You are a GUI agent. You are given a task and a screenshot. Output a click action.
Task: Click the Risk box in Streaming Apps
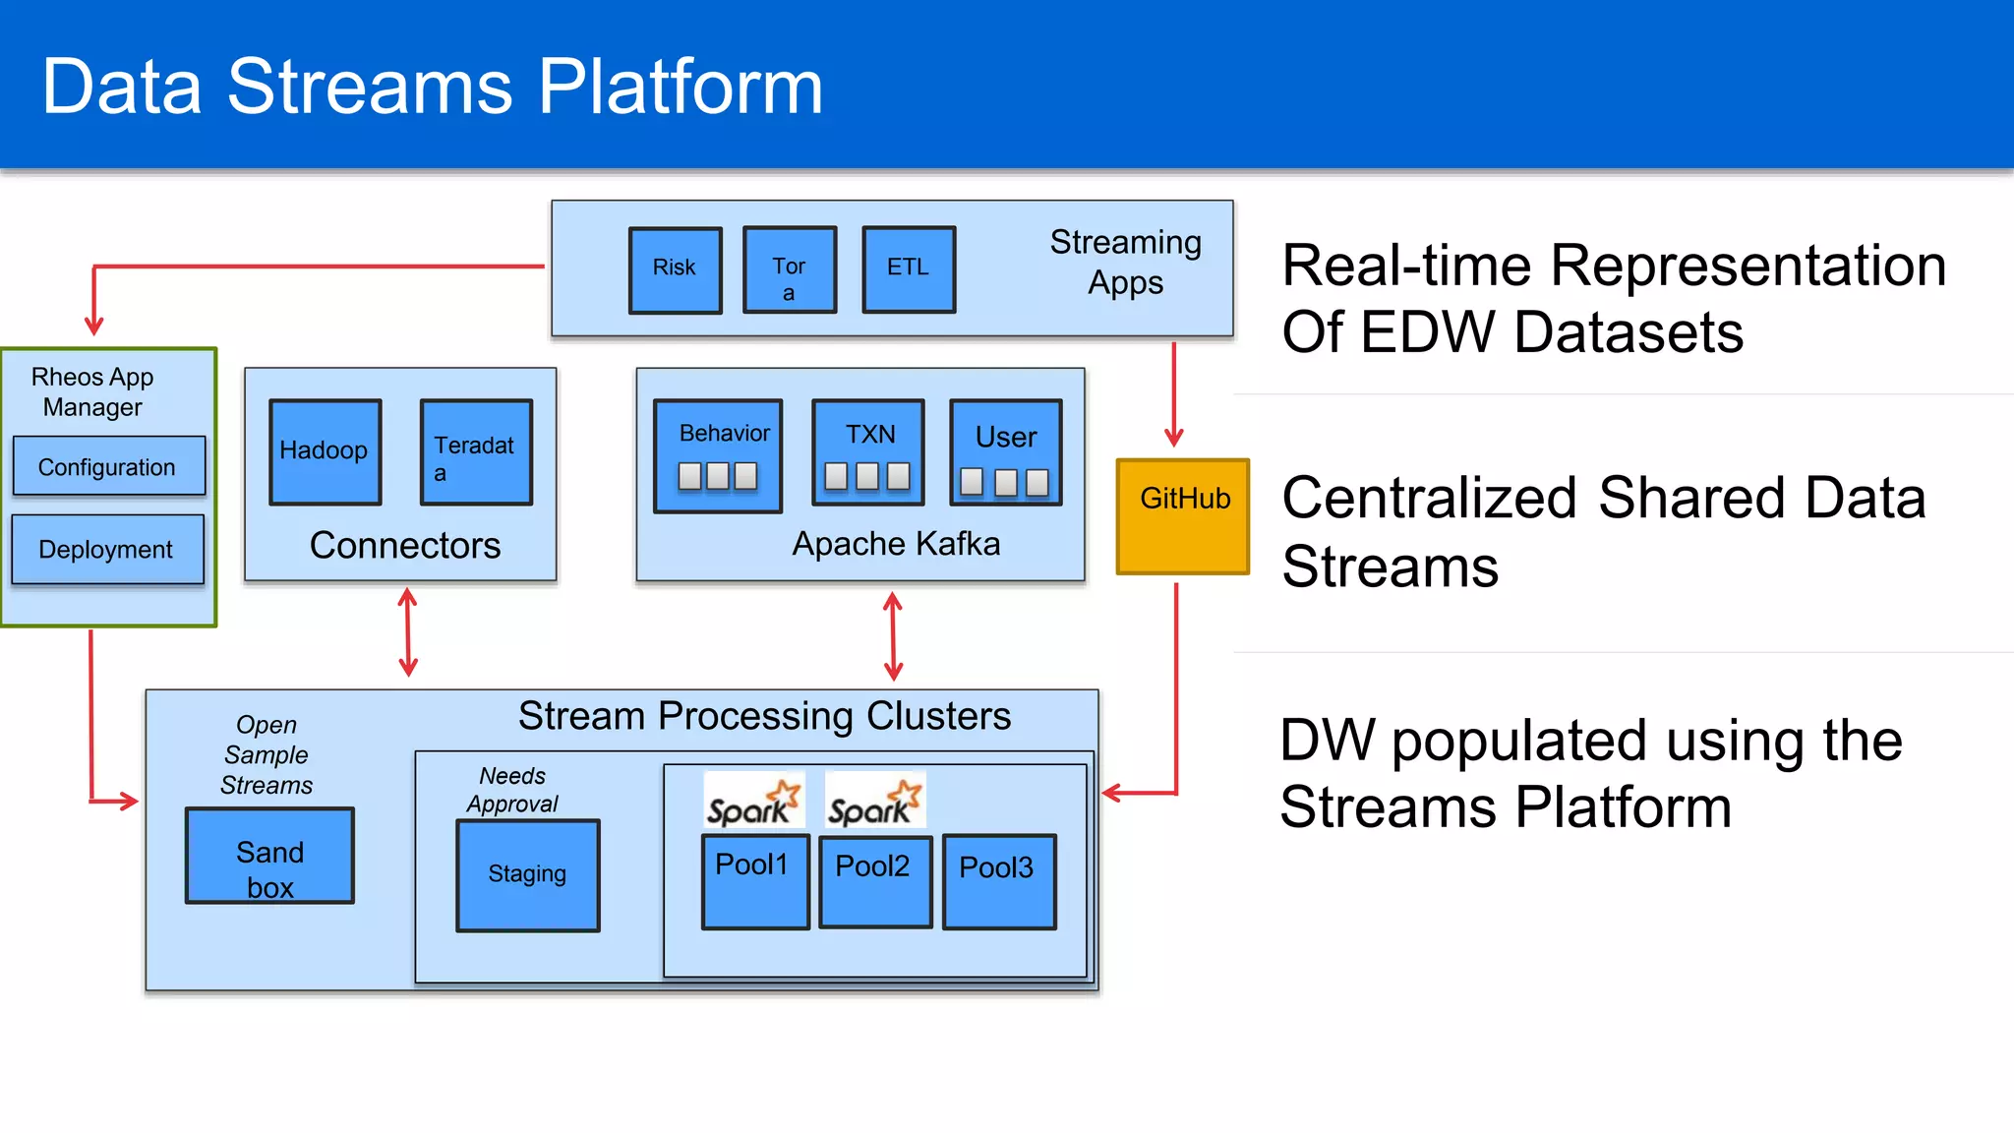[675, 269]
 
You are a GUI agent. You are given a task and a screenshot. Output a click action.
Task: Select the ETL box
[908, 269]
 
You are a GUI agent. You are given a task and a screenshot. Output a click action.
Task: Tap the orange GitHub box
[1183, 516]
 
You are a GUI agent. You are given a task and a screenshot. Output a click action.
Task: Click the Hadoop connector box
[325, 451]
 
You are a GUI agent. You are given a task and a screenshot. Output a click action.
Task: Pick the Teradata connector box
[476, 451]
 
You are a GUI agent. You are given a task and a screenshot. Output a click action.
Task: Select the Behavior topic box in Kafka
[718, 455]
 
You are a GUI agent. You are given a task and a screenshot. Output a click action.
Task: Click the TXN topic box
[868, 452]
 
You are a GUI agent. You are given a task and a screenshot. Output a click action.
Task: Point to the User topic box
[1005, 452]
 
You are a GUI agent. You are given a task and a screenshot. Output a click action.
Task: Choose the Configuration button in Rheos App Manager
[108, 466]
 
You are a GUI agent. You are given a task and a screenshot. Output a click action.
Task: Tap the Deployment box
[107, 550]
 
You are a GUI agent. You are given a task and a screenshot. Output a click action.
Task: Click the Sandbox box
[269, 856]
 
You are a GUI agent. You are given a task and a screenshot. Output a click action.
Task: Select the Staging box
[528, 874]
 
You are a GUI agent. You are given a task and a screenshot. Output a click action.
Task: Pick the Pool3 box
[998, 881]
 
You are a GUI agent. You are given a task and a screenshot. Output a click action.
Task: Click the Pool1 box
[754, 881]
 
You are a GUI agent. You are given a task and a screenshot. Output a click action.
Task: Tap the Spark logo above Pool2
[874, 801]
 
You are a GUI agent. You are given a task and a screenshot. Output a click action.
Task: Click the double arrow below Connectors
[408, 632]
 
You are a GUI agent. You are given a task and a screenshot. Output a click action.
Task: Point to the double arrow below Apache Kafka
[893, 635]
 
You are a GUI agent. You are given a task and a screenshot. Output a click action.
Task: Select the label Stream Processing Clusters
[764, 716]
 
